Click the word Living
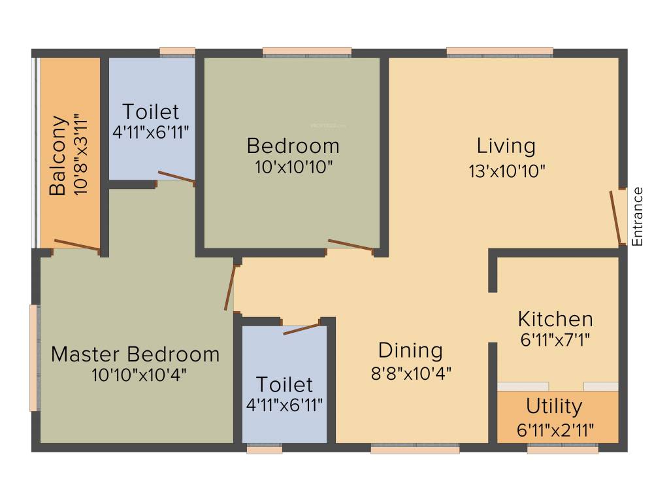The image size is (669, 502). coord(506,145)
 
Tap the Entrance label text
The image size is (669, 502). coord(638,216)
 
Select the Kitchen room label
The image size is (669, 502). coord(555,319)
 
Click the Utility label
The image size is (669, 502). coord(554,406)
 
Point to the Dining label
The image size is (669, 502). coord(410,350)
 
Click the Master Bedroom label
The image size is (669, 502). coord(135,354)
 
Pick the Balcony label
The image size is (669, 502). coord(58,156)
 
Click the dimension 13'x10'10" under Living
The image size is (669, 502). coord(507,171)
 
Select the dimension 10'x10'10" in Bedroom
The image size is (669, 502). coord(293,166)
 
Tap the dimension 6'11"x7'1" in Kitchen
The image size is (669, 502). coord(555,341)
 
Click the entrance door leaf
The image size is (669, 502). coord(615,218)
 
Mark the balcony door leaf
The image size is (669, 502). coord(76,245)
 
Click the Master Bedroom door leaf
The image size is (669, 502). coord(229,288)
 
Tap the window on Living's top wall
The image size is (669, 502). coord(500,51)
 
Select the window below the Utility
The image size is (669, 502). coord(563,450)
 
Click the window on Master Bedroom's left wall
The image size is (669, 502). coord(33,357)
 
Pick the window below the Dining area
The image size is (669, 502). coord(415,450)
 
